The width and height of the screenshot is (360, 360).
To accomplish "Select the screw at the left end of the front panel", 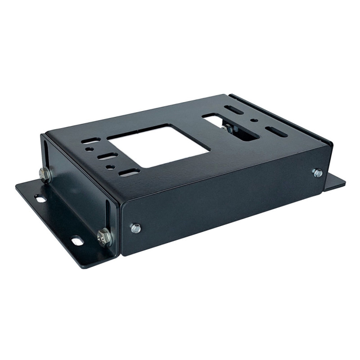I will pyautogui.click(x=135, y=228).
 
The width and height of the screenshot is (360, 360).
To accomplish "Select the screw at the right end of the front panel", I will pyautogui.click(x=317, y=172).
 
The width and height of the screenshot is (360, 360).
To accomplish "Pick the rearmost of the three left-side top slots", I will pyautogui.click(x=90, y=140).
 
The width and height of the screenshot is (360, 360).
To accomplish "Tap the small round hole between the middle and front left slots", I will pyautogui.click(x=110, y=166).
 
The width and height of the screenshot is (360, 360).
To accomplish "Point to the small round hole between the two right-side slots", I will pyautogui.click(x=255, y=120).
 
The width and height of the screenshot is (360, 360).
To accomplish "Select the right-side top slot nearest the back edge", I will pyautogui.click(x=234, y=109).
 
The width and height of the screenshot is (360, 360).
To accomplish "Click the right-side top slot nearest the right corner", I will pyautogui.click(x=275, y=131).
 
